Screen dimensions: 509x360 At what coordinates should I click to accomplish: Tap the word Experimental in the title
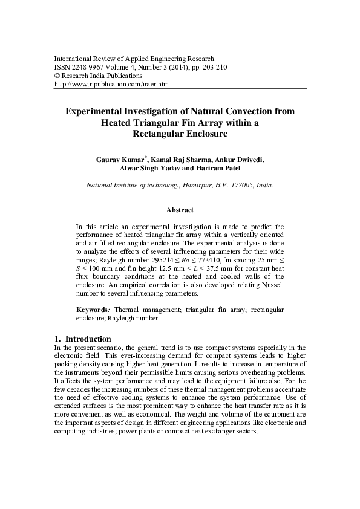pos(98,111)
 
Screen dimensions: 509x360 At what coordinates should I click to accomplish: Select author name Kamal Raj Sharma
pos(182,160)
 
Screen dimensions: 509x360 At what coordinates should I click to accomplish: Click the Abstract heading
pos(180,210)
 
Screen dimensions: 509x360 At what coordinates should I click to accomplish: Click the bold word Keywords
pos(91,309)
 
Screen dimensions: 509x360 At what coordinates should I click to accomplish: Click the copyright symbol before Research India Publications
pos(57,76)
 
